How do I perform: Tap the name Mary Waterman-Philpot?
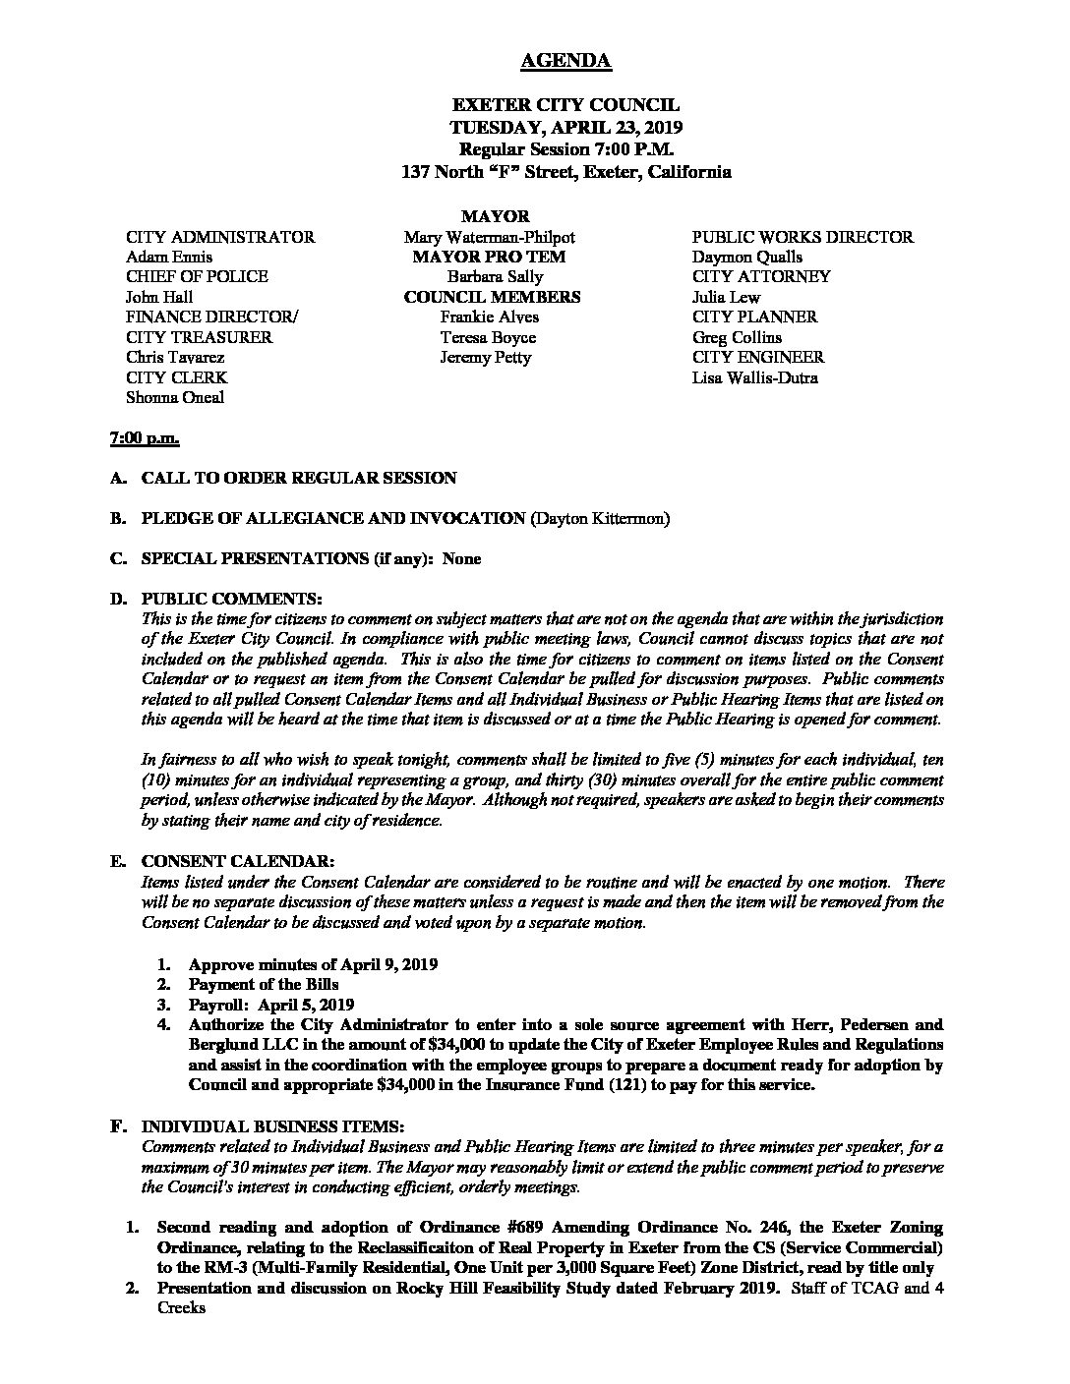489,237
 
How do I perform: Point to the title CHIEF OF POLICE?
197,277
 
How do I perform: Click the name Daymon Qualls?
746,258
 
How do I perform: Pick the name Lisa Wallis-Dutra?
754,378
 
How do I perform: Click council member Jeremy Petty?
486,358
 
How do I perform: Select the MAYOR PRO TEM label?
490,258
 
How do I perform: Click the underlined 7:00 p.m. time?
144,437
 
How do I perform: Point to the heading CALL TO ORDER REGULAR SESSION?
299,478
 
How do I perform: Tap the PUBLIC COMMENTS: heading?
230,599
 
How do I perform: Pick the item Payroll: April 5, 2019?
270,1005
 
